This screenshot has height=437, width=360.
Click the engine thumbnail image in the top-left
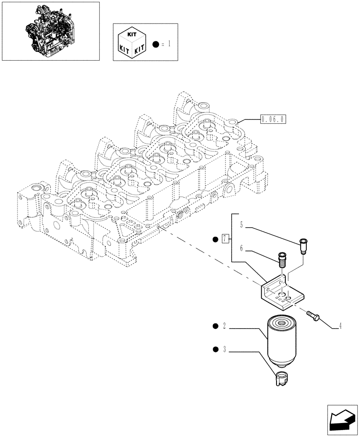[x=50, y=31]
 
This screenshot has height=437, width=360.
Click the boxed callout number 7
[x=225, y=239]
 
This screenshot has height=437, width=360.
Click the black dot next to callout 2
[x=215, y=326]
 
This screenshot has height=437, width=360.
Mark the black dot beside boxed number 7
[x=215, y=239]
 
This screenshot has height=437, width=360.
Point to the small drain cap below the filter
[x=281, y=377]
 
